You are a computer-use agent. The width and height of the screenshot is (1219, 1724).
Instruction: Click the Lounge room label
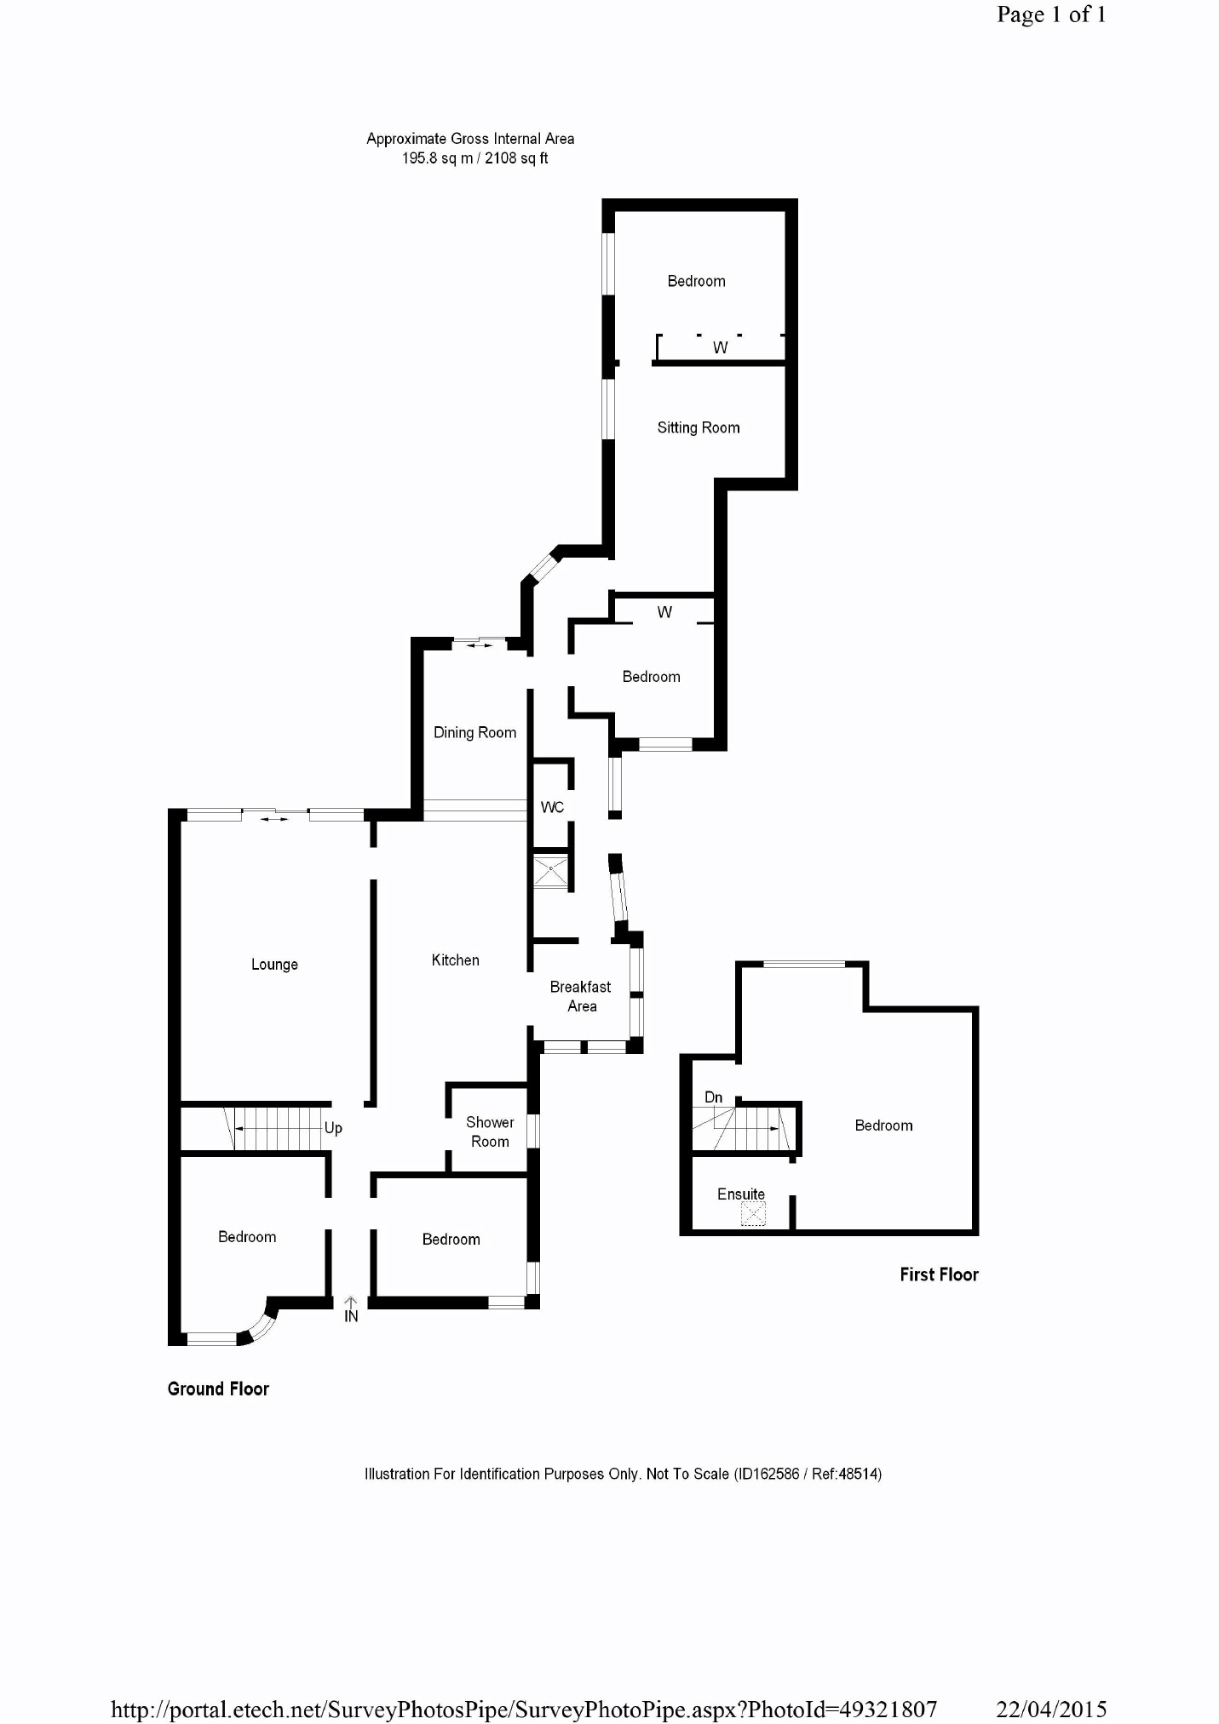tap(274, 965)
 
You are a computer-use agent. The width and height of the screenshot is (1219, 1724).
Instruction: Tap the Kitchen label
tap(455, 960)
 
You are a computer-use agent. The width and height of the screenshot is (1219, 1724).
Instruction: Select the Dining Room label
tap(474, 732)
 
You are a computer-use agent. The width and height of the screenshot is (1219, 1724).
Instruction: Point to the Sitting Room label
tap(699, 427)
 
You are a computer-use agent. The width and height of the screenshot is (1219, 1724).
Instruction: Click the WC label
tap(552, 807)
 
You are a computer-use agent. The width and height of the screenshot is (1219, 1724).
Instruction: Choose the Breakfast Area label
tap(581, 996)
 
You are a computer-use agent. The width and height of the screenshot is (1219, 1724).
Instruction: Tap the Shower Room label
tap(490, 1131)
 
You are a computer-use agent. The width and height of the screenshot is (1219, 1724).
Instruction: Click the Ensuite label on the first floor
tap(741, 1194)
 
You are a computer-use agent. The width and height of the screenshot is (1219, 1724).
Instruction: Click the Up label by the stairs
tap(333, 1127)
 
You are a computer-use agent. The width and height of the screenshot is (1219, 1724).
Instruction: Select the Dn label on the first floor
tap(714, 1097)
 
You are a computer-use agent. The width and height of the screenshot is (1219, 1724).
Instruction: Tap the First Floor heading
tap(939, 1274)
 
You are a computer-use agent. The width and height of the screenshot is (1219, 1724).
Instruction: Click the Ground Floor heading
tap(218, 1389)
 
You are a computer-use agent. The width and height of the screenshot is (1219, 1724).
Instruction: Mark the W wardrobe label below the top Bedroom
tap(721, 347)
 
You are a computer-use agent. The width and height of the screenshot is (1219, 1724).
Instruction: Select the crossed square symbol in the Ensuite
tap(753, 1213)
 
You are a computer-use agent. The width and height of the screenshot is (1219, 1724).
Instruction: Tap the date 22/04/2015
tap(1051, 1709)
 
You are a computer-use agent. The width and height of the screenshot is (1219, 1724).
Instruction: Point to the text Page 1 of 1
tap(1051, 14)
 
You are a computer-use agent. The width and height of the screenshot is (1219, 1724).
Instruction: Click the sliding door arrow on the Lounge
tap(274, 819)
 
